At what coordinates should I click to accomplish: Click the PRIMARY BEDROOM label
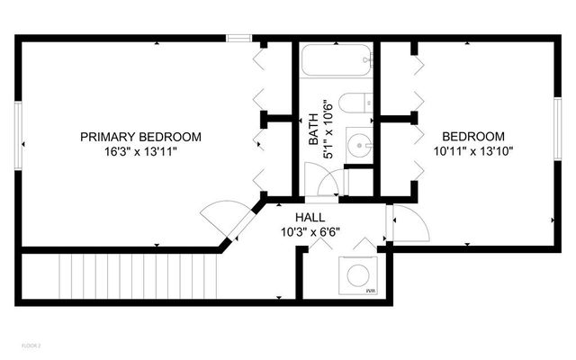point(140,137)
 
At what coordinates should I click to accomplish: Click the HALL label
point(310,218)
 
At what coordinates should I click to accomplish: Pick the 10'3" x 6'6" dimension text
point(310,232)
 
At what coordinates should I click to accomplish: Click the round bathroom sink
point(359,145)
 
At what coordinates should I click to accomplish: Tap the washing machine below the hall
point(357,274)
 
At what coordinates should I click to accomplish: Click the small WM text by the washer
point(370,292)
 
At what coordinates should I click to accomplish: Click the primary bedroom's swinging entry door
point(221,219)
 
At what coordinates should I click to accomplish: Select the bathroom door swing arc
point(326,184)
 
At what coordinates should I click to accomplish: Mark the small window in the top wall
point(238,38)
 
